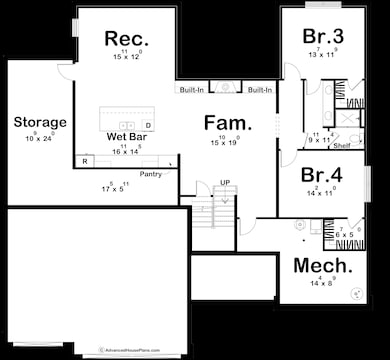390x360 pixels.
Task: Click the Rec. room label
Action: (x=127, y=39)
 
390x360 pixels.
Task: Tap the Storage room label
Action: (x=40, y=122)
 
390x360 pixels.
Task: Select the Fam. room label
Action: (x=227, y=124)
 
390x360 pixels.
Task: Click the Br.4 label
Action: (x=322, y=174)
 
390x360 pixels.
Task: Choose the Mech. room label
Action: (x=322, y=266)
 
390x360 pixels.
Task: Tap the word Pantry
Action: (x=150, y=174)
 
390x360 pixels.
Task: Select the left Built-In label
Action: (x=192, y=90)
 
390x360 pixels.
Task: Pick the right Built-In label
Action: (x=259, y=90)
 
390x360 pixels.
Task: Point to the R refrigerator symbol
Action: (x=87, y=160)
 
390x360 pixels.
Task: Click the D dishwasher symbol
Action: (x=148, y=125)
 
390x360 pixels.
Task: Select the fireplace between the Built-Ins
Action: (x=225, y=89)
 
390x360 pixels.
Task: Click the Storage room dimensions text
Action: (x=40, y=137)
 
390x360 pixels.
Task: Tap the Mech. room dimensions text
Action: (x=322, y=284)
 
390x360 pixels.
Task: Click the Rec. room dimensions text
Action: (x=127, y=56)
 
